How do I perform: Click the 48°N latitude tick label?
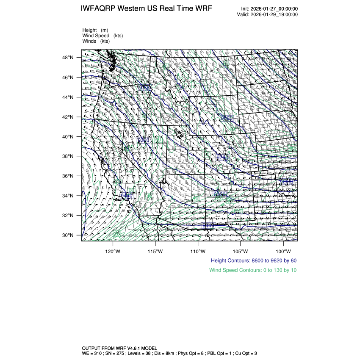[x=69, y=58]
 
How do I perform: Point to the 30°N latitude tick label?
[x=69, y=235]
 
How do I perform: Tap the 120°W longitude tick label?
[x=113, y=250]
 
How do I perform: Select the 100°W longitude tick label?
[x=283, y=250]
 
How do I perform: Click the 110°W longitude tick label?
[x=198, y=250]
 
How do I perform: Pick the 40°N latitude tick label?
[x=69, y=137]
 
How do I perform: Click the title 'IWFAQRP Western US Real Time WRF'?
[x=146, y=9]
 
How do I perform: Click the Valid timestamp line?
[x=267, y=14]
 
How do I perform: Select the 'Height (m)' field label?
[x=95, y=30]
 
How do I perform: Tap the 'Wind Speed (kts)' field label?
[x=102, y=36]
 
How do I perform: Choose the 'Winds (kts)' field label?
[x=96, y=41]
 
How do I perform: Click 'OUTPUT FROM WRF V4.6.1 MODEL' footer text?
[x=119, y=348]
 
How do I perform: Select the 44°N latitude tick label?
[x=69, y=97]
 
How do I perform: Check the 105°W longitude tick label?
[x=241, y=250]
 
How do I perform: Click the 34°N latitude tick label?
[x=69, y=196]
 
